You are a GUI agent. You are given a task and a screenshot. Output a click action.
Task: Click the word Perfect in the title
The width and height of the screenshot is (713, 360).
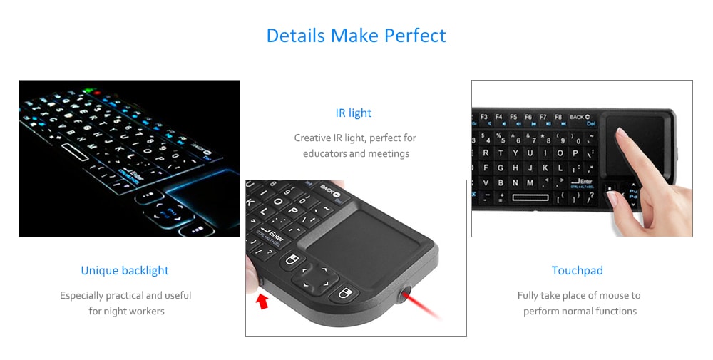point(415,35)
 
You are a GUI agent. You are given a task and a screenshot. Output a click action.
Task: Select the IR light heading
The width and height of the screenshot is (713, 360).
point(354,113)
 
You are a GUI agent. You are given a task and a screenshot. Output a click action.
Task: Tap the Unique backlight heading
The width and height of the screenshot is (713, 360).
point(125,270)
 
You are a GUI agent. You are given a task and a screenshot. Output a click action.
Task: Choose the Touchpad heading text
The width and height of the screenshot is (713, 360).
point(578,270)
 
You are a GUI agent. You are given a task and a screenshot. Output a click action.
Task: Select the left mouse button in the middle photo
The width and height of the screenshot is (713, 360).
point(291,259)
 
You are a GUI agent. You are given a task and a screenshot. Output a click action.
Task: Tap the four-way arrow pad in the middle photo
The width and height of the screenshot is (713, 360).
point(315,277)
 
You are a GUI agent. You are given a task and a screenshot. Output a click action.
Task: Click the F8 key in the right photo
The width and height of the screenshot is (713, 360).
point(558,117)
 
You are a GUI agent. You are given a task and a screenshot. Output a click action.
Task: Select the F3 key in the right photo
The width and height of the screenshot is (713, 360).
point(483,117)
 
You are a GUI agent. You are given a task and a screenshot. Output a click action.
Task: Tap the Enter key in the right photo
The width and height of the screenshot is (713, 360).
point(583,182)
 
